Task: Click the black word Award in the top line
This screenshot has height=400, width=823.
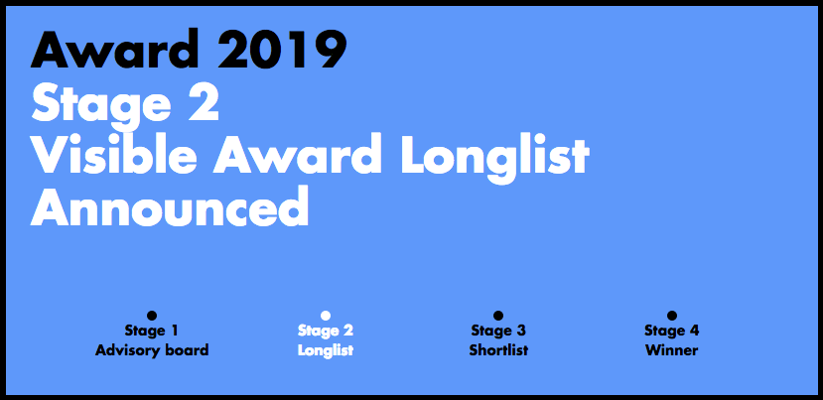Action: click(x=115, y=49)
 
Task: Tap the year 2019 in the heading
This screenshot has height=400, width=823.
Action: click(x=282, y=49)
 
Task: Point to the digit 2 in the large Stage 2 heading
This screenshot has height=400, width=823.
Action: click(x=204, y=102)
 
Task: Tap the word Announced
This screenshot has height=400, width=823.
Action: click(x=170, y=205)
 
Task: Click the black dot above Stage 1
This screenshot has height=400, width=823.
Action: click(x=152, y=316)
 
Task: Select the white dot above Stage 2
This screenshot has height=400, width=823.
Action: click(x=325, y=316)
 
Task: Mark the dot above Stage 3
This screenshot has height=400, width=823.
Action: click(x=498, y=316)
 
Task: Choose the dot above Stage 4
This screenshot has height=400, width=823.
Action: click(x=671, y=316)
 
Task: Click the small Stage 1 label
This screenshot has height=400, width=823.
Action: click(x=152, y=332)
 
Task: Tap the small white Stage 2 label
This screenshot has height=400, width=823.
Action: click(x=326, y=332)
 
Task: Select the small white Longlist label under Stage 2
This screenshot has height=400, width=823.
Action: click(x=326, y=350)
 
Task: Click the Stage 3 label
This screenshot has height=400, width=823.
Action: click(x=498, y=332)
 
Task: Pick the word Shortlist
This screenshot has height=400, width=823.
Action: click(x=498, y=350)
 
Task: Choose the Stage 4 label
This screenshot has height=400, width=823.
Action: click(x=672, y=332)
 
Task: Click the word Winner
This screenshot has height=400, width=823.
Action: click(x=672, y=350)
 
